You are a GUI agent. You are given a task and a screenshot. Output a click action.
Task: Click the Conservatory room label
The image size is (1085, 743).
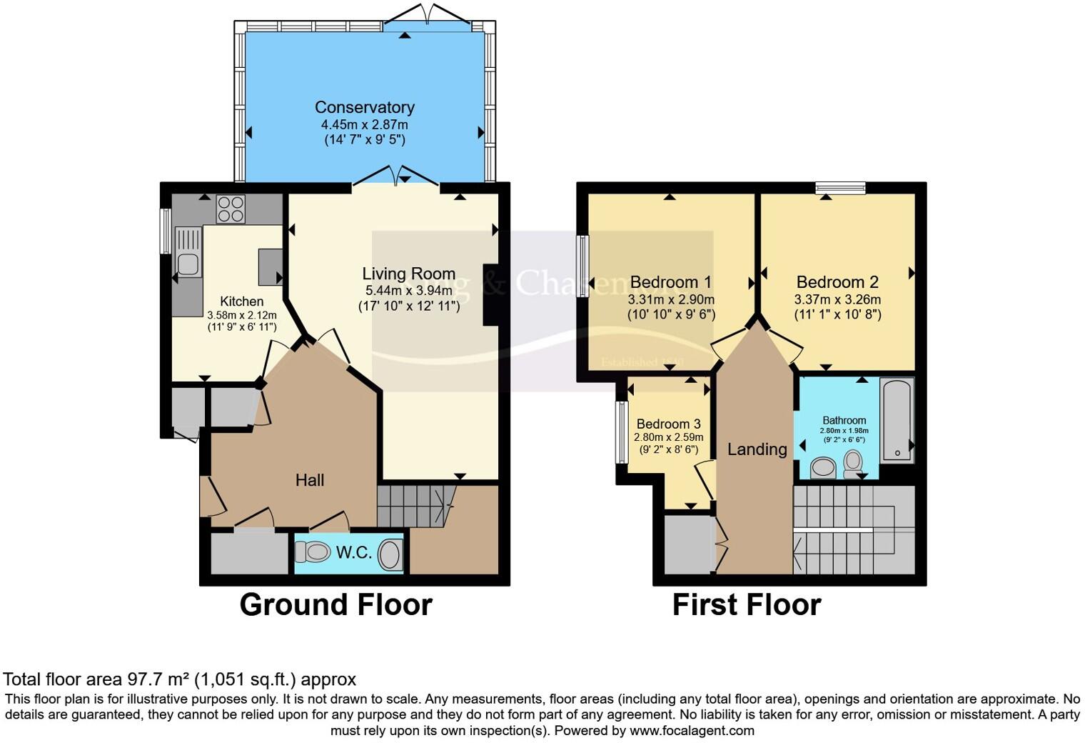(364, 107)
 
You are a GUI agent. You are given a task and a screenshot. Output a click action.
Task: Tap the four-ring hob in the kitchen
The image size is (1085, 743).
(231, 209)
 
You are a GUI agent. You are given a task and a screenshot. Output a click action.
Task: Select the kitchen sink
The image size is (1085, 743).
(188, 264)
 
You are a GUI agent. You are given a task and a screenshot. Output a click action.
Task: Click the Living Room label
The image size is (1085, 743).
(408, 274)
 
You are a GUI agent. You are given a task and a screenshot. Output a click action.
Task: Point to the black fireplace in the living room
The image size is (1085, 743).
(491, 295)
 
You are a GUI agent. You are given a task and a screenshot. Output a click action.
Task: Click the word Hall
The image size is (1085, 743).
(310, 480)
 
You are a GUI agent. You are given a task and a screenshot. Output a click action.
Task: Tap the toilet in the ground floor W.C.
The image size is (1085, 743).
(313, 552)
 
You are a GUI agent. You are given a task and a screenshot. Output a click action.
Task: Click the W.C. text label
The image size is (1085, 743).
(353, 552)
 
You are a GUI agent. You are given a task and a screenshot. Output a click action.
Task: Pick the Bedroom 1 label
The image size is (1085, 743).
(670, 282)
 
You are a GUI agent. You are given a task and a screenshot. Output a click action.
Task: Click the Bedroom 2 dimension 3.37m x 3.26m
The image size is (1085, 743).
(837, 299)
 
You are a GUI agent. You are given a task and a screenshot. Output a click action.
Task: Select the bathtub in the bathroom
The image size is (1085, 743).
(897, 420)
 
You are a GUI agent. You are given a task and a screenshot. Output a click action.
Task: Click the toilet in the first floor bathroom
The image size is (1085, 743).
(853, 464)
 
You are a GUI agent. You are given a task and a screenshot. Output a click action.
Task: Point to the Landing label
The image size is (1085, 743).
(757, 449)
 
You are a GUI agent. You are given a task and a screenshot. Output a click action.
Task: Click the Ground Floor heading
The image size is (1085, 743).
(335, 604)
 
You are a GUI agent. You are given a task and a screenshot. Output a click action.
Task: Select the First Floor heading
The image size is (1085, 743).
(747, 604)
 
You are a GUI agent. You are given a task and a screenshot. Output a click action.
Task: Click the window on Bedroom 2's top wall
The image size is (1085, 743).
(841, 188)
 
